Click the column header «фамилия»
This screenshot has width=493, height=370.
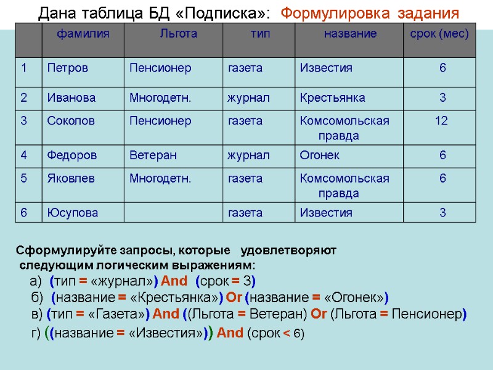coord(83,34)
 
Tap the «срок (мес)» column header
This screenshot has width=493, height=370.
coord(440,34)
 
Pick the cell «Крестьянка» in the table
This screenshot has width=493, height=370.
coord(332,97)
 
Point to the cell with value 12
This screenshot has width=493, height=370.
coord(441,121)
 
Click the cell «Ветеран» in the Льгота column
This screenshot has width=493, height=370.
coord(153,155)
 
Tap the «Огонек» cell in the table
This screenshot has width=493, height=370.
coord(320,155)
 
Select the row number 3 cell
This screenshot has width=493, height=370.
coord(24,121)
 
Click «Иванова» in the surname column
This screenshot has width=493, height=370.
coord(71,97)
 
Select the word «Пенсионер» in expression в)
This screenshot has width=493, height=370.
coord(431,314)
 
